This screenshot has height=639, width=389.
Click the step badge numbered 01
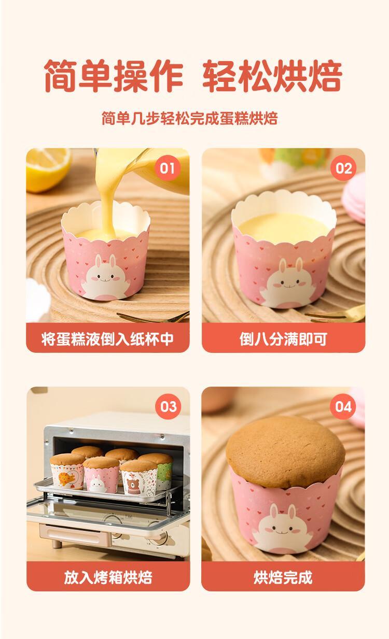point(167,168)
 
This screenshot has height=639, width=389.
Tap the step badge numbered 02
point(343,168)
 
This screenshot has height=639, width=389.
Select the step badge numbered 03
point(168,406)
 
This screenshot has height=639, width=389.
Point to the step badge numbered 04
point(343,406)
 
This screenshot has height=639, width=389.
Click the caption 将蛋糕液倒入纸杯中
point(107,339)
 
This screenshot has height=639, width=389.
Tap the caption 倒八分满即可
point(283,339)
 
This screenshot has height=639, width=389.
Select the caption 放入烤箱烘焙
point(108,578)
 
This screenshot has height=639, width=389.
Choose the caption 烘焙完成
point(283,578)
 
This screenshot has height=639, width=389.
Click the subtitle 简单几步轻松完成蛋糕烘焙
point(190,118)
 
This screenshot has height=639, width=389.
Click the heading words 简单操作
point(113,76)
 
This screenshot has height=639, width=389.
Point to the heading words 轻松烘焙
point(272,76)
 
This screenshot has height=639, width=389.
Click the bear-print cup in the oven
point(138,478)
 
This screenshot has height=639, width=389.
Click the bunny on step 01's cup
point(106,277)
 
